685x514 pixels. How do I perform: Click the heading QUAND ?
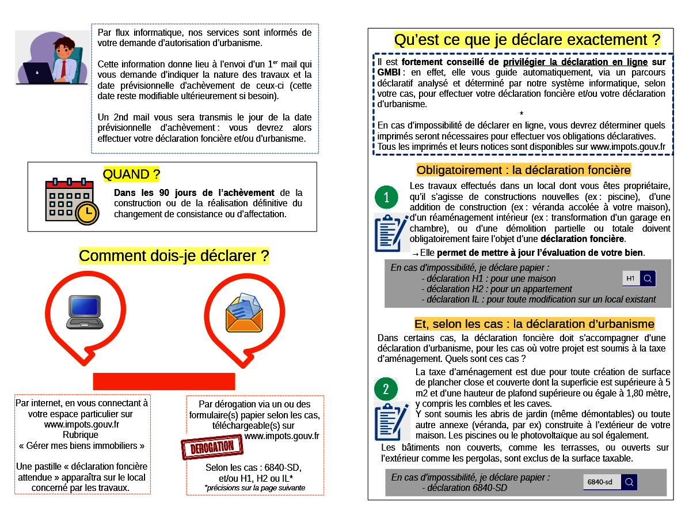pos(131,174)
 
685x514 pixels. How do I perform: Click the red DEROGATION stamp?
pos(209,448)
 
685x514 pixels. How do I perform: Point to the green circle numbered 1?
pos(386,198)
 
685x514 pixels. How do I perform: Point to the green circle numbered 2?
pos(386,389)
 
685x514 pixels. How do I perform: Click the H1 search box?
pos(639,279)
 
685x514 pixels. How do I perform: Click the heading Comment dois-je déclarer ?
pos(174,256)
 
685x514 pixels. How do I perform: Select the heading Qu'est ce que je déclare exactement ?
pos(527,40)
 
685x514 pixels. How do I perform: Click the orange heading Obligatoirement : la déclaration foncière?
pos(523,170)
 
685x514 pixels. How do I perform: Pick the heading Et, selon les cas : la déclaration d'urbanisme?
pos(534,324)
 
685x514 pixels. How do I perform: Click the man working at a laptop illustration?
pos(51,58)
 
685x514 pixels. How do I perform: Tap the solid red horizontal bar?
pos(164,381)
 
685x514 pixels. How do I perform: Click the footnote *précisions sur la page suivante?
pos(254,487)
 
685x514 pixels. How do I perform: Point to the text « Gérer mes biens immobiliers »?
pos(82,445)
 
